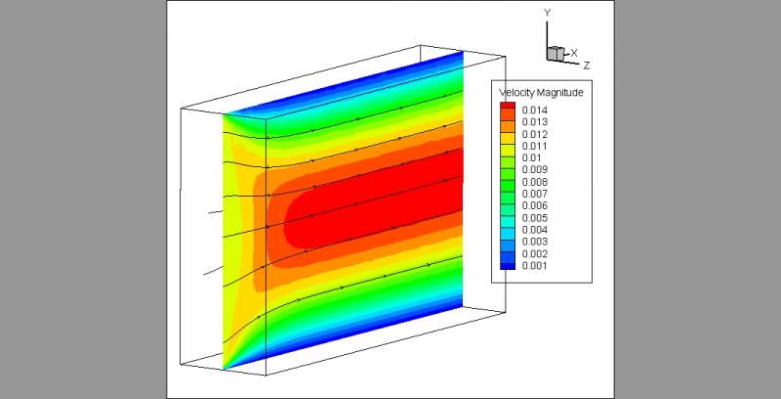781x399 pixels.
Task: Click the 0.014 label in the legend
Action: point(534,111)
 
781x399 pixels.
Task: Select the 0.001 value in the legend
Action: point(534,266)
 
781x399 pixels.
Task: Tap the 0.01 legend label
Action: point(532,158)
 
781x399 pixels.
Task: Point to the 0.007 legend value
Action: point(534,194)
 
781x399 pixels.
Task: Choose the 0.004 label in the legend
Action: point(534,230)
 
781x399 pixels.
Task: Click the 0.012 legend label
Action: point(534,134)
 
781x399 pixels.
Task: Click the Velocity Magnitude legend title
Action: point(541,93)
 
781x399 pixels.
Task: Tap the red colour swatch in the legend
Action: point(508,108)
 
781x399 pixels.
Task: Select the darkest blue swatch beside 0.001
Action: point(508,266)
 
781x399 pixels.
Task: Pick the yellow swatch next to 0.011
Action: point(508,146)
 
